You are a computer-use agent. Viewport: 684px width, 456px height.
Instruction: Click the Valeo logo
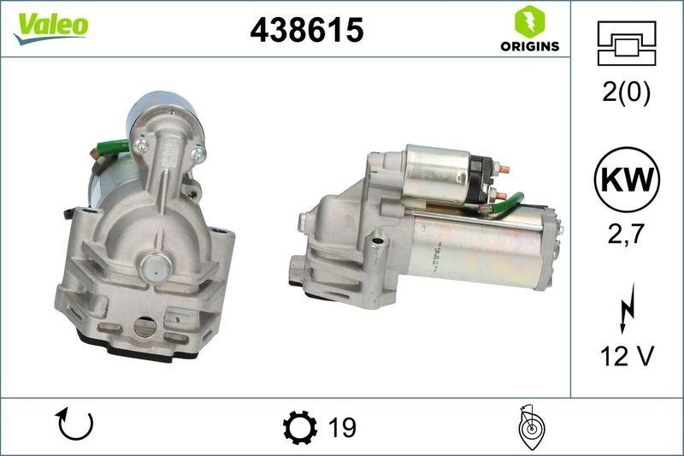50,26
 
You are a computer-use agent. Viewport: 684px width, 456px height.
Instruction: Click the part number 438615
306,31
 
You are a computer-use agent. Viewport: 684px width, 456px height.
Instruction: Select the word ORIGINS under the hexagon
530,46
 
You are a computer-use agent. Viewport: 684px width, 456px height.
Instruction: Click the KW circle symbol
627,181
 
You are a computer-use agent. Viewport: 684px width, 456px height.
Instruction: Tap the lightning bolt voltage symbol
627,308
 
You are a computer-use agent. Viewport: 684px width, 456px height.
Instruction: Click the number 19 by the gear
341,426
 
